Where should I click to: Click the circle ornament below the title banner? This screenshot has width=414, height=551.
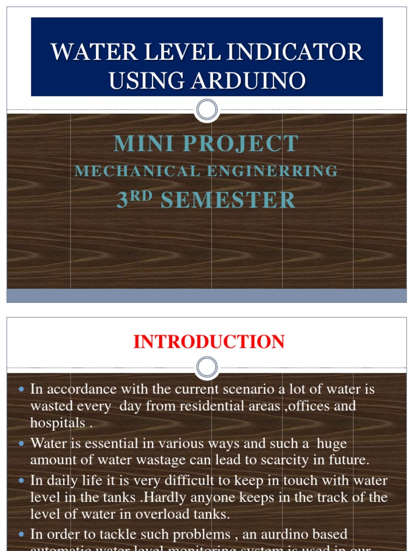click(206, 110)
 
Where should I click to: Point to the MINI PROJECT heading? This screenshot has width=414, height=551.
click(206, 144)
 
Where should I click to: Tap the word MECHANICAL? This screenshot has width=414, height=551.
click(137, 171)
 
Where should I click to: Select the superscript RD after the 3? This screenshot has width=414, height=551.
click(142, 195)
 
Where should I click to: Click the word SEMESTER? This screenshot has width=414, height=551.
click(228, 200)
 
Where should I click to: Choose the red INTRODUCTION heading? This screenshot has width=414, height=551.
click(209, 342)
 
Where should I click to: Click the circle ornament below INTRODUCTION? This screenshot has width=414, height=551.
click(206, 368)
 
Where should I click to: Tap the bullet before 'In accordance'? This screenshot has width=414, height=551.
click(22, 389)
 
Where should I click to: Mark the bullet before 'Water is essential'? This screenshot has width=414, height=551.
click(22, 444)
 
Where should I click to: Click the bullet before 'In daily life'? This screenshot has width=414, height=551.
click(22, 481)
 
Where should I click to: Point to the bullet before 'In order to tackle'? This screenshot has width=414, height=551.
click(22, 535)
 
